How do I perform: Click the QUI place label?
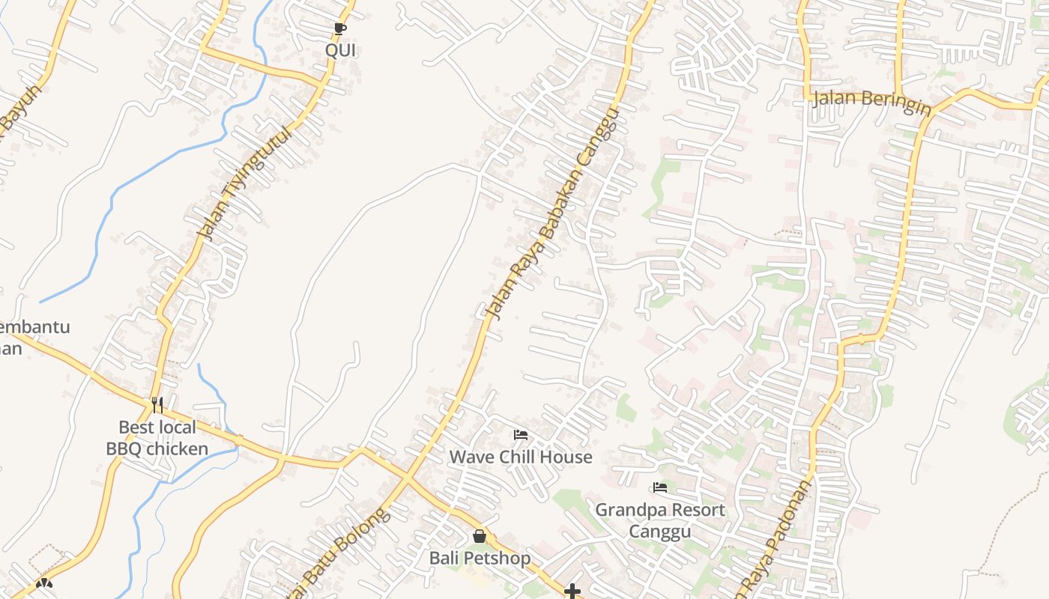click(x=340, y=50)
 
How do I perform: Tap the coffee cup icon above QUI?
click(x=339, y=29)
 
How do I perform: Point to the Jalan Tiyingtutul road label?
click(x=243, y=183)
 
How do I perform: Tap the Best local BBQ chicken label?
click(x=157, y=438)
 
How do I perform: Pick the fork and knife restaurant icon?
click(x=157, y=405)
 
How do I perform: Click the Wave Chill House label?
click(x=521, y=457)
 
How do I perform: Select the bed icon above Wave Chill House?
click(x=521, y=434)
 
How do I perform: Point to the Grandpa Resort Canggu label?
click(x=660, y=520)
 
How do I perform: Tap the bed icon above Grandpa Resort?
click(x=660, y=487)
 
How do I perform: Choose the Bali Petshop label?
click(x=480, y=558)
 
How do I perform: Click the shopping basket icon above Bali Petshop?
click(x=480, y=536)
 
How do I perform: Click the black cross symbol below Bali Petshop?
click(x=572, y=592)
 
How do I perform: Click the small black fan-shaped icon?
click(x=44, y=583)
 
